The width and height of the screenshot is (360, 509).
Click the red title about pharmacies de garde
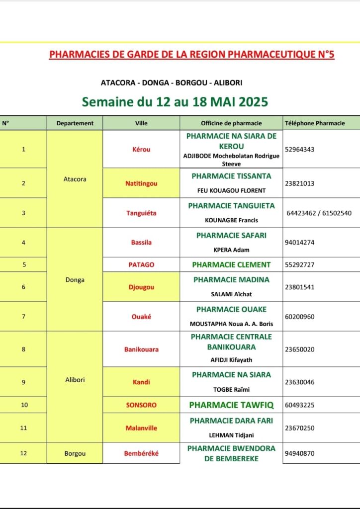(x=191, y=54)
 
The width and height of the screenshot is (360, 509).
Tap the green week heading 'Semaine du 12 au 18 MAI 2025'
(x=175, y=102)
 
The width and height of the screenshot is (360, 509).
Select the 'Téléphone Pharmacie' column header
(x=314, y=123)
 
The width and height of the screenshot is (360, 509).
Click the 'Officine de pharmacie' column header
(x=231, y=123)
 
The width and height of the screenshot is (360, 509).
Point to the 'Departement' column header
(x=75, y=123)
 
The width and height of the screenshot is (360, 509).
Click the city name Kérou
(x=141, y=150)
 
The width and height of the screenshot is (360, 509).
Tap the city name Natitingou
(x=141, y=183)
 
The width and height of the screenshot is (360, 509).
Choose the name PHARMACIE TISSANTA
(x=231, y=176)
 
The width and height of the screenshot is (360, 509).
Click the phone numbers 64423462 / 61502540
(x=319, y=213)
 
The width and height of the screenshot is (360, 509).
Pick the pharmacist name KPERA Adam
(x=231, y=250)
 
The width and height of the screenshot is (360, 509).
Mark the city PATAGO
(x=141, y=265)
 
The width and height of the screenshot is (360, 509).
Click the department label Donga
(x=75, y=280)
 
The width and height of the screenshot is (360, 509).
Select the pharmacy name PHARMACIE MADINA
(x=231, y=280)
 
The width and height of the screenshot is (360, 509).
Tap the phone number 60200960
(x=300, y=317)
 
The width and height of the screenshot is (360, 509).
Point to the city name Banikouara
(x=141, y=349)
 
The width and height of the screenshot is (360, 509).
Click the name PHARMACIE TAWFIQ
(x=231, y=405)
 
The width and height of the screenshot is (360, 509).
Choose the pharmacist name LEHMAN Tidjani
(x=231, y=435)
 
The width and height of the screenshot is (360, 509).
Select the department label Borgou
(x=75, y=453)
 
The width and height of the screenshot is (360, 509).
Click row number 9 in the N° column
(x=23, y=382)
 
